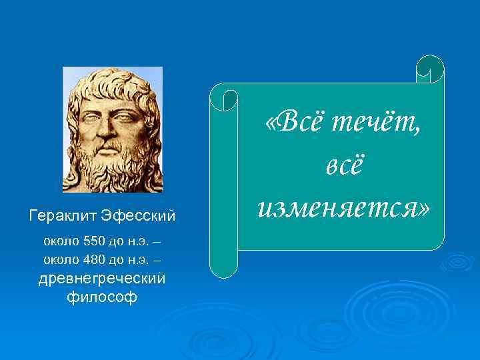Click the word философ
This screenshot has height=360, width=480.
pyautogui.click(x=102, y=297)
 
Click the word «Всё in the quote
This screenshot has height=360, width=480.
pyautogui.click(x=293, y=121)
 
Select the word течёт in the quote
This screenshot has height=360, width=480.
pyautogui.click(x=377, y=121)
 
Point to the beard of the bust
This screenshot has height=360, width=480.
pyautogui.click(x=111, y=163)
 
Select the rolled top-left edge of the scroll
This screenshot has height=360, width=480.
pyautogui.click(x=224, y=97)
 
